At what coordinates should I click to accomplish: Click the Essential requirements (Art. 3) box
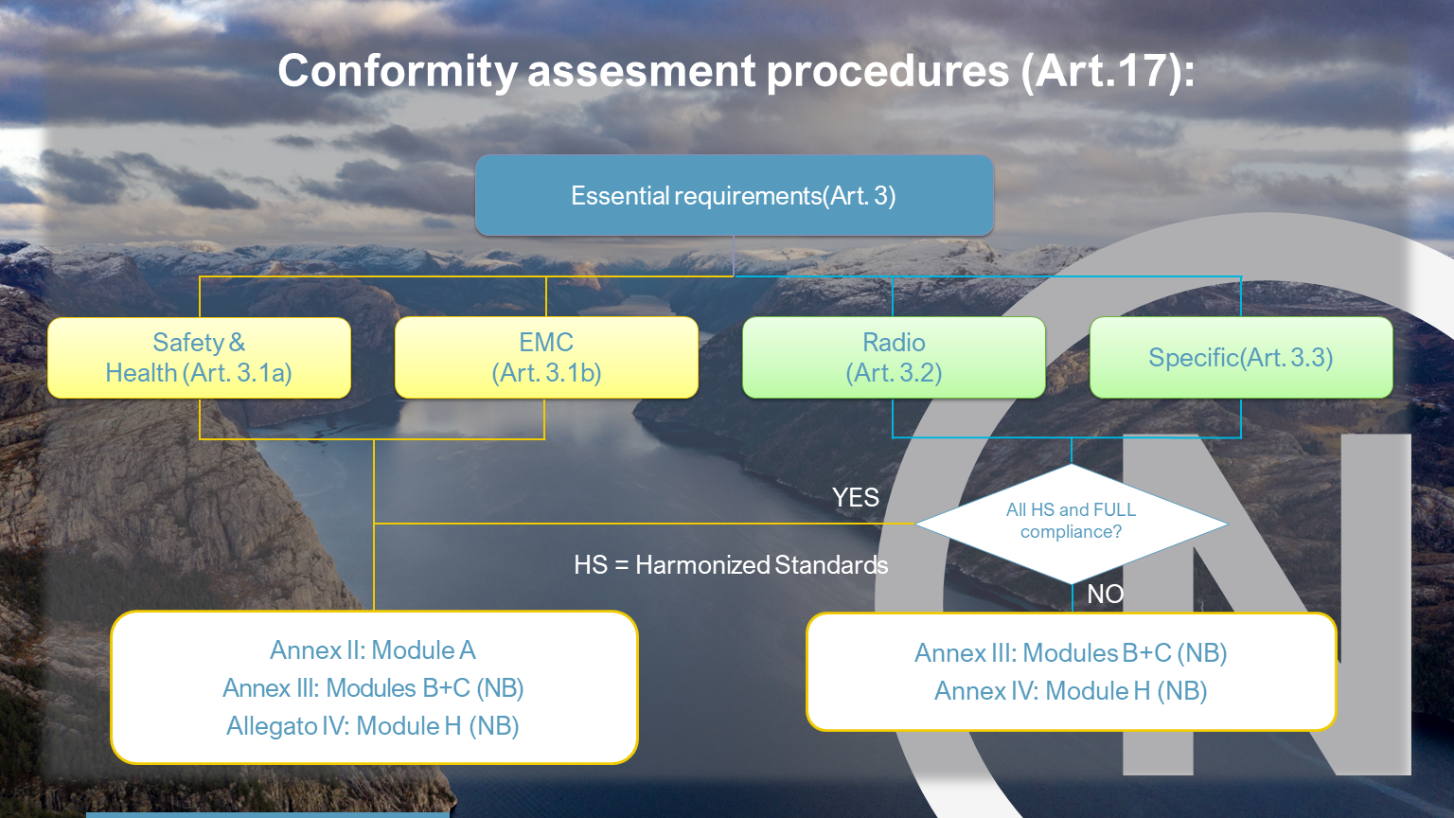(x=735, y=195)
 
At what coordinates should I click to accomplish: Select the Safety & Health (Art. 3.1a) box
(x=200, y=358)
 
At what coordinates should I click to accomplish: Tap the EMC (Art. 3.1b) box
(x=546, y=358)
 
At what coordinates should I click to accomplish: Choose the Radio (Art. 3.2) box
(x=894, y=358)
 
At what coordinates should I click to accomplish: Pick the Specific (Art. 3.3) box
(x=1241, y=358)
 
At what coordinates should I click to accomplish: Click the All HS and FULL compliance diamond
(x=1071, y=524)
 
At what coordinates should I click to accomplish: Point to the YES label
(x=856, y=498)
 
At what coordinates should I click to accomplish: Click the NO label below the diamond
(x=1106, y=594)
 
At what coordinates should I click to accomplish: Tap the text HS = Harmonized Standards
(x=731, y=565)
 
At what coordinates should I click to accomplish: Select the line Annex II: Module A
(x=373, y=650)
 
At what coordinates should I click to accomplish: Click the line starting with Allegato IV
(x=373, y=726)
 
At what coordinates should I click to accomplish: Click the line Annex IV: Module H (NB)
(x=1071, y=691)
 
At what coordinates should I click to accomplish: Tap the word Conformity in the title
(x=398, y=71)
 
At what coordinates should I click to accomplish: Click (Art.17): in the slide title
(x=1108, y=71)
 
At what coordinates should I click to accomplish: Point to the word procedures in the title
(x=888, y=71)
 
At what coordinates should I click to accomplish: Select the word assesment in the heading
(x=641, y=71)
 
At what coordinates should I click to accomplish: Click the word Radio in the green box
(x=894, y=342)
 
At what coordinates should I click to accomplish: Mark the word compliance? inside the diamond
(x=1071, y=532)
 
